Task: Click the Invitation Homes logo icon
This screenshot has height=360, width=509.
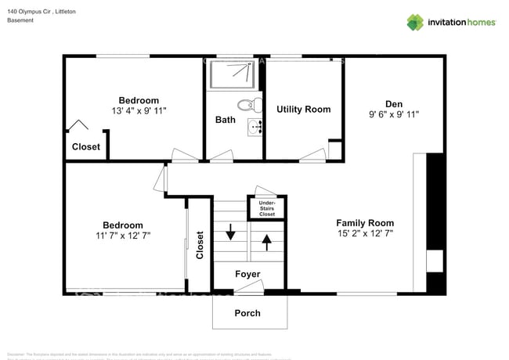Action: click(x=415, y=22)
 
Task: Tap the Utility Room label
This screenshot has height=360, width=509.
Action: click(x=303, y=110)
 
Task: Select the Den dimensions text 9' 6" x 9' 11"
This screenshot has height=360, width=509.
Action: click(x=393, y=114)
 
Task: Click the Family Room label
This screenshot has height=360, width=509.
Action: click(x=365, y=222)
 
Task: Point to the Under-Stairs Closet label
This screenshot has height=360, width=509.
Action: click(x=266, y=208)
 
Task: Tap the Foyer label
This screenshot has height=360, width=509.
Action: click(x=247, y=274)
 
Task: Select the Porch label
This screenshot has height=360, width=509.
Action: click(x=247, y=313)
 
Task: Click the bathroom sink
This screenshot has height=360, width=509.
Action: click(x=254, y=128)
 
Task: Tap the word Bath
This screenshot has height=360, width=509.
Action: click(x=226, y=120)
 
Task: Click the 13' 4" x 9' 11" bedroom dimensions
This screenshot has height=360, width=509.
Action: click(x=139, y=111)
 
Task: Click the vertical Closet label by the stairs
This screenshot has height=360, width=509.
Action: click(x=200, y=245)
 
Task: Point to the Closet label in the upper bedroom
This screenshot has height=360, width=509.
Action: click(x=85, y=146)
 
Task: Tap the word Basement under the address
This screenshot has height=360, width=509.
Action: click(x=20, y=20)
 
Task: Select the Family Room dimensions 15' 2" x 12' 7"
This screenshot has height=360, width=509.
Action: click(x=365, y=233)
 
